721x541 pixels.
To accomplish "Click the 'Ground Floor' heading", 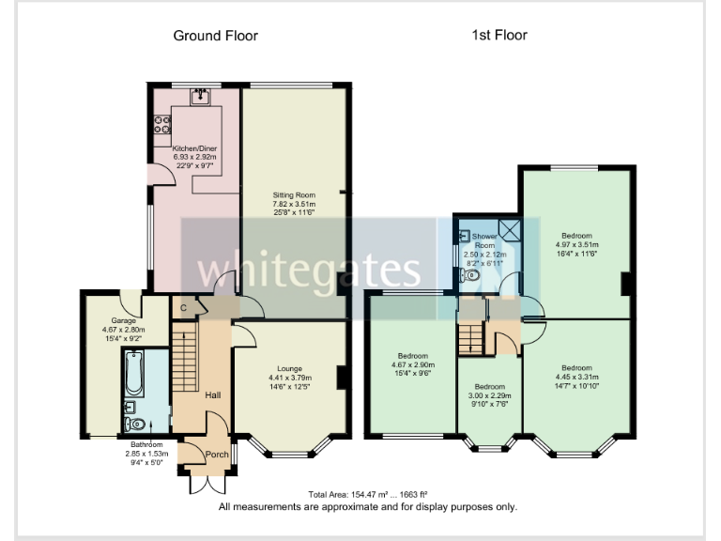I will pyautogui.click(x=215, y=36).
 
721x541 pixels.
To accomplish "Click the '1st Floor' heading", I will pyautogui.click(x=499, y=36).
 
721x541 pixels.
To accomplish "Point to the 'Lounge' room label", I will pyautogui.click(x=289, y=369).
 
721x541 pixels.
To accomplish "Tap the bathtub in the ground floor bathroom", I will pyautogui.click(x=132, y=371).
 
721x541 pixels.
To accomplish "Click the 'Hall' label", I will pyautogui.click(x=212, y=395).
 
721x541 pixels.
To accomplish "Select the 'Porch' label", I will pyautogui.click(x=217, y=455).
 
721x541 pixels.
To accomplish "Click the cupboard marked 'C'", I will pyautogui.click(x=183, y=307).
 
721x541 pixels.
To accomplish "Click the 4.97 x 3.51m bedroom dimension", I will pyautogui.click(x=576, y=244).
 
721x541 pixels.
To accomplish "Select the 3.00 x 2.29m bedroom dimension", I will pyautogui.click(x=489, y=395).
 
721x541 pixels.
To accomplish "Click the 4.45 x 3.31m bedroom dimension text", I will pyautogui.click(x=576, y=377).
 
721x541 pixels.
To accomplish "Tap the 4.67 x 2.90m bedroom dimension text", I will pyautogui.click(x=412, y=365).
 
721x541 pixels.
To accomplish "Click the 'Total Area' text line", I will pyautogui.click(x=368, y=494).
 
